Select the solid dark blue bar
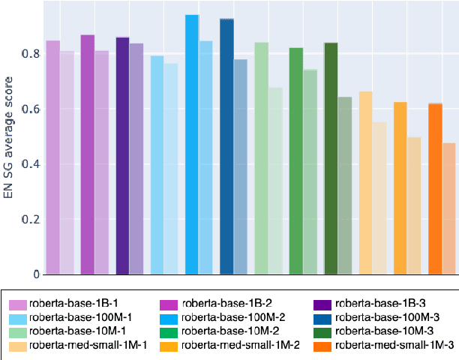tap(226, 146)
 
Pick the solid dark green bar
tap(331, 158)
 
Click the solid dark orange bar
tap(435, 188)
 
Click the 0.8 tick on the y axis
tap(30, 55)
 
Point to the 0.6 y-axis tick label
tap(30, 109)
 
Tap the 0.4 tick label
tap(30, 164)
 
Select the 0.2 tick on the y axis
tap(30, 219)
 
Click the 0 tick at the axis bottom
tap(34, 274)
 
